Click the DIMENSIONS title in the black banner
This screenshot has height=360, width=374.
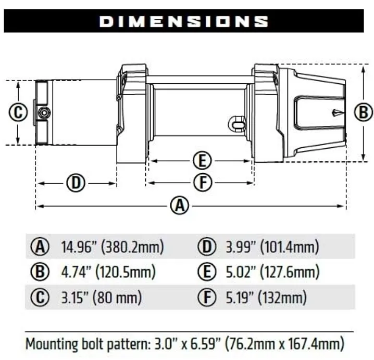click(x=183, y=21)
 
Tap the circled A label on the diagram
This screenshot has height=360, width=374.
click(x=180, y=206)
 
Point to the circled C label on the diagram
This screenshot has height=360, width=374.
click(x=18, y=112)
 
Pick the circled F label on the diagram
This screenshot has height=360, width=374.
click(x=201, y=183)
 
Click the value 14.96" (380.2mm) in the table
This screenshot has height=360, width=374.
click(x=112, y=247)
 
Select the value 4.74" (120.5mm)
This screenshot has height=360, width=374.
click(x=108, y=272)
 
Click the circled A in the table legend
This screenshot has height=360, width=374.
click(x=40, y=247)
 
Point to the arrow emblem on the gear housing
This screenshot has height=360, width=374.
click(x=337, y=112)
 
